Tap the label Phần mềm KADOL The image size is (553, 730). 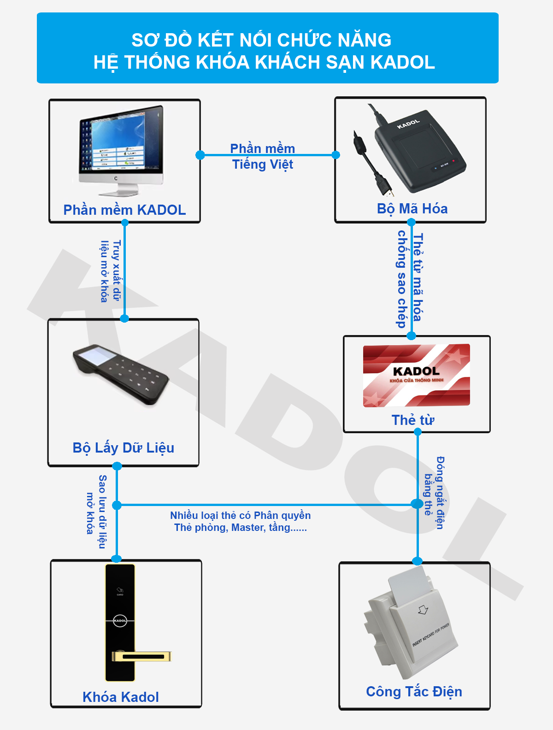pyautogui.click(x=124, y=210)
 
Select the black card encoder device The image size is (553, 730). pyautogui.click(x=419, y=150)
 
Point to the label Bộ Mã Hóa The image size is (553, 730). pyautogui.click(x=412, y=209)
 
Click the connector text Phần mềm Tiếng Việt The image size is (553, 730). pyautogui.click(x=263, y=157)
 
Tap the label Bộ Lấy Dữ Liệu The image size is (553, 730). pyautogui.click(x=123, y=448)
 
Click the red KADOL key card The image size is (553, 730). pyautogui.click(x=416, y=375)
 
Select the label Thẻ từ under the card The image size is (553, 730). pyautogui.click(x=412, y=420)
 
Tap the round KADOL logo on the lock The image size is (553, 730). pyautogui.click(x=120, y=621)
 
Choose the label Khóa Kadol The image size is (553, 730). pyautogui.click(x=121, y=697)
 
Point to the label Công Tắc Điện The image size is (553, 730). pyautogui.click(x=414, y=692)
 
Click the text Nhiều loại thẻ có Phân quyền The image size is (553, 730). pyautogui.click(x=240, y=516)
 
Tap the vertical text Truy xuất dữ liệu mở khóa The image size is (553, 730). pyautogui.click(x=110, y=271)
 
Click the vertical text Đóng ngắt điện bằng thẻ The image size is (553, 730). pyautogui.click(x=434, y=493)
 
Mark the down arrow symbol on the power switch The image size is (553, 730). pyautogui.click(x=423, y=610)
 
